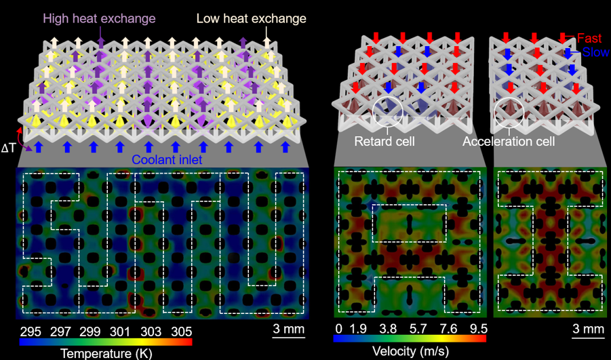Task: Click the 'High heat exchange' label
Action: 100,18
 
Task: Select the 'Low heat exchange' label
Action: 252,18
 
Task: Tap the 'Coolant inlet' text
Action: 167,159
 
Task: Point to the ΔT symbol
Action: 8,148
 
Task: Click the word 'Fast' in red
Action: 589,38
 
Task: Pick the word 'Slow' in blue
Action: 596,52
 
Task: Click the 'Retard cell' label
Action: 385,140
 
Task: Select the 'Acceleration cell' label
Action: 509,140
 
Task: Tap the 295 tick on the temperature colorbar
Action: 31,332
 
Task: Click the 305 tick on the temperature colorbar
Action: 181,332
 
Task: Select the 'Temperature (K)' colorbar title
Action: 106,353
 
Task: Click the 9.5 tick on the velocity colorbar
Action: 479,329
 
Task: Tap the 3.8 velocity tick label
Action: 388,329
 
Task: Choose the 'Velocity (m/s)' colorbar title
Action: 410,351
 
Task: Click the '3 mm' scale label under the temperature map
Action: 288,329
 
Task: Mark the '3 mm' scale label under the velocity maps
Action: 588,329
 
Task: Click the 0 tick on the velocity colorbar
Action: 338,329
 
